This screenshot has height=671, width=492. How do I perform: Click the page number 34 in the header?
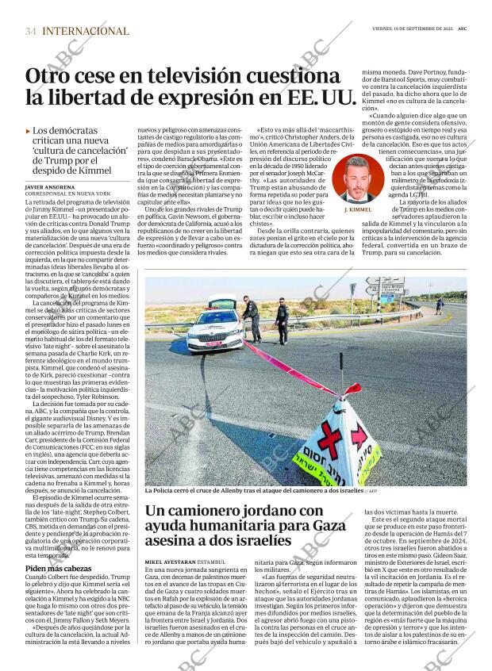[x=31, y=31]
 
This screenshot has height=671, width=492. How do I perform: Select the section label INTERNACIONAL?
[x=85, y=31]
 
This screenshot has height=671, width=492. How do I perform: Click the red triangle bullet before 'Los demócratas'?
[x=28, y=131]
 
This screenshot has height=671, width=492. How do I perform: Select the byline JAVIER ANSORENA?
[x=52, y=187]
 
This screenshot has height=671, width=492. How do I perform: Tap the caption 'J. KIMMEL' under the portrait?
[x=359, y=209]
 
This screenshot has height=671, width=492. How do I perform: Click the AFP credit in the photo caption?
[x=371, y=492]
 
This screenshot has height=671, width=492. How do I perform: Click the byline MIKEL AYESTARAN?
[x=173, y=562]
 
